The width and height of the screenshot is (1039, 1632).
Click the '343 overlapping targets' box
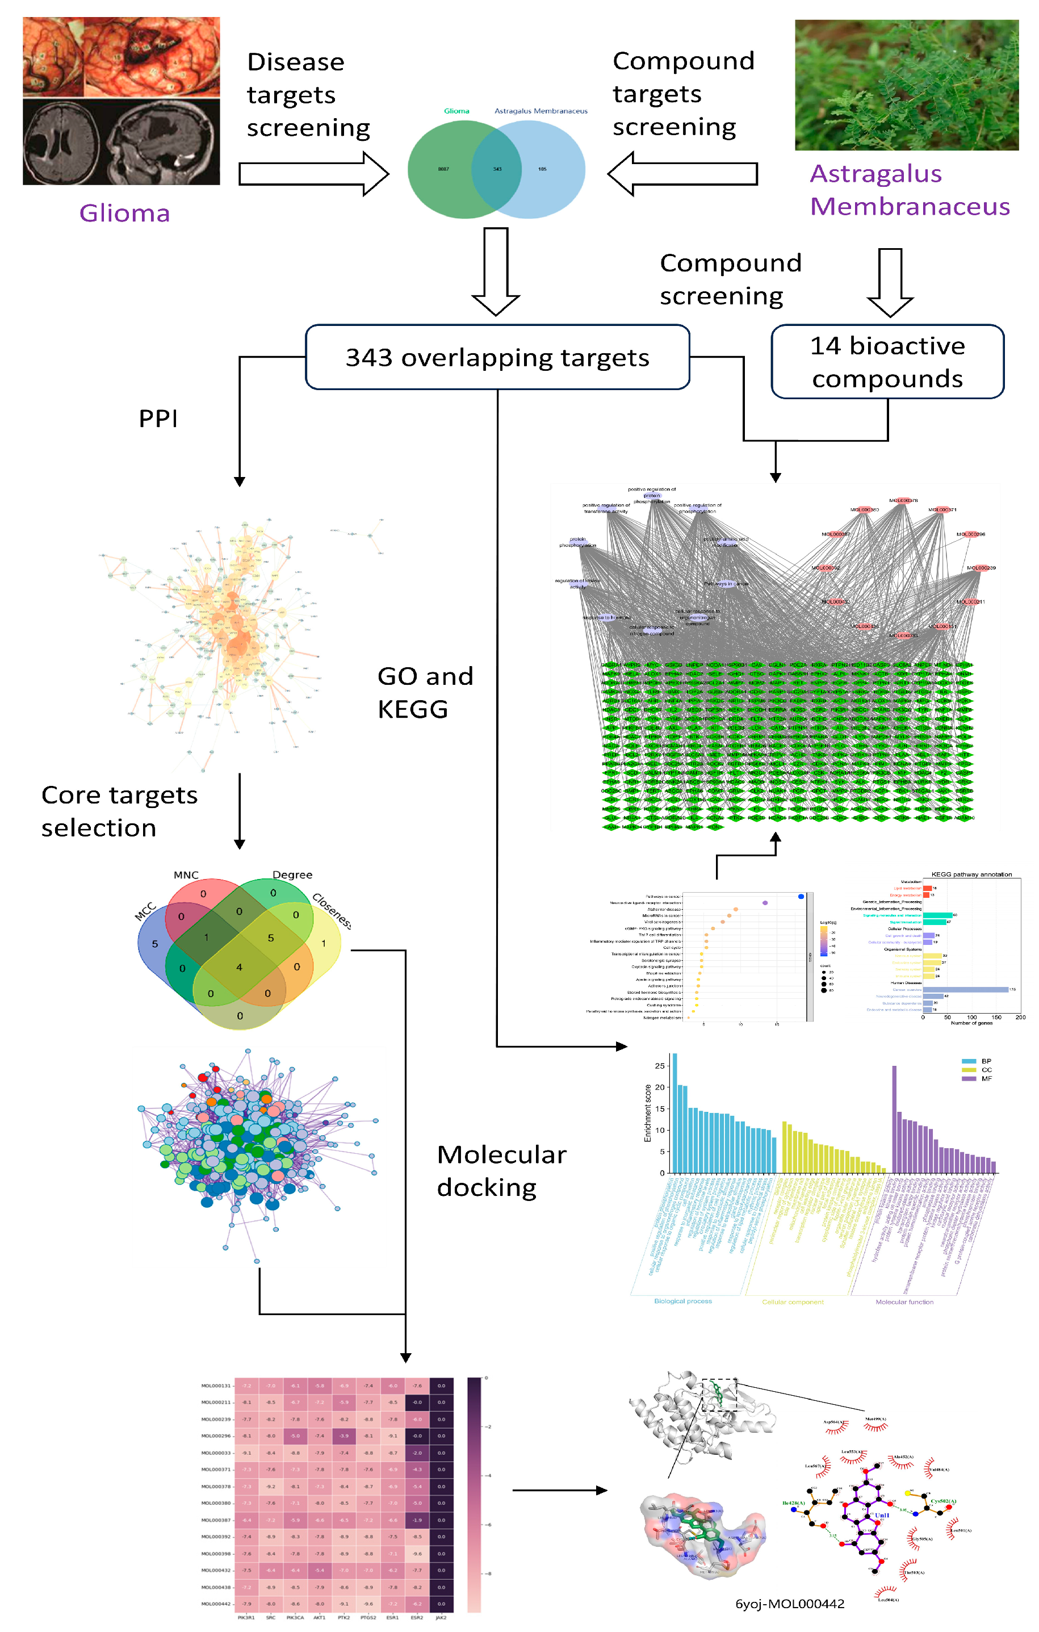497,357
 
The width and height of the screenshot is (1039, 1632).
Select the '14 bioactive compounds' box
887,362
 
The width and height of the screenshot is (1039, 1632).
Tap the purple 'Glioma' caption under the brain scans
125,214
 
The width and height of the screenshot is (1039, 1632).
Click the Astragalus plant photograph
906,85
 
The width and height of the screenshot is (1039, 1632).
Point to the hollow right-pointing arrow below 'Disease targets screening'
314,174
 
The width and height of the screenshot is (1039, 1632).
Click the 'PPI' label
158,419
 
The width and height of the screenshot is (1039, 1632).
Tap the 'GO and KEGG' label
425,692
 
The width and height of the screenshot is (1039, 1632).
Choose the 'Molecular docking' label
501,1170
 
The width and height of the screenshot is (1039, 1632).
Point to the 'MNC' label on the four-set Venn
186,875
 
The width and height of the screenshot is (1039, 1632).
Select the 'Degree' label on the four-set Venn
292,875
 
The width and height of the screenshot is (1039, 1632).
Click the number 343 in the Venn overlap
497,169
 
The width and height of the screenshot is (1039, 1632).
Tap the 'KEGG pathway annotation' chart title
971,874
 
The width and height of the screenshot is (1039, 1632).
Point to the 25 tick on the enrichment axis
660,1066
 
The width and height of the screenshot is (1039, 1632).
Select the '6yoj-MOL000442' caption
790,1604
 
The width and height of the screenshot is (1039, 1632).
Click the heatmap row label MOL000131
216,1386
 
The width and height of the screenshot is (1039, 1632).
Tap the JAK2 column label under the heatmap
441,1618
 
